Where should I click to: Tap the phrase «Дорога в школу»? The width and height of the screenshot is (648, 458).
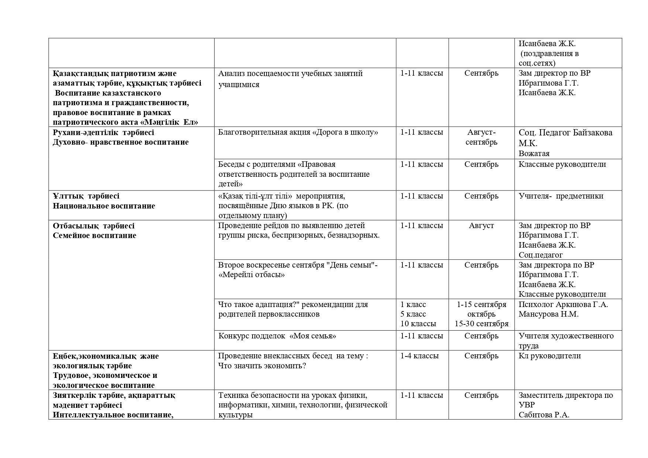coord(345,132)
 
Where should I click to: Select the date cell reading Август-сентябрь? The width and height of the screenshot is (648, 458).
coord(481,137)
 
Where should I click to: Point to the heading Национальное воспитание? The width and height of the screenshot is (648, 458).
coord(104,206)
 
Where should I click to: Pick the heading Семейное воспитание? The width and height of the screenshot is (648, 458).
coord(94,235)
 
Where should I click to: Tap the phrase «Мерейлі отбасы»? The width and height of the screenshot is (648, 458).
coord(251,275)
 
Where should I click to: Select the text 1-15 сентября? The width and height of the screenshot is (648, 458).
coord(481,304)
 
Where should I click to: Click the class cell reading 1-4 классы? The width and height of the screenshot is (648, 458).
coord(419,356)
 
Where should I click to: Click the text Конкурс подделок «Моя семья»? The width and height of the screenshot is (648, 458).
coord(277,336)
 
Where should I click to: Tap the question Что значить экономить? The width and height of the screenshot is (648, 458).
coord(262,366)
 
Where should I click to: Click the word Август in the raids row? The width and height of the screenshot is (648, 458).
coord(481,225)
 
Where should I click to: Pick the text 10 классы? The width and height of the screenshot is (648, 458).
coord(418,324)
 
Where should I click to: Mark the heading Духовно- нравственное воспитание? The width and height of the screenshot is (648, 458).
coord(120,142)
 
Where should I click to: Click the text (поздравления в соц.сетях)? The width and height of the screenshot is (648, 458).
coord(548,58)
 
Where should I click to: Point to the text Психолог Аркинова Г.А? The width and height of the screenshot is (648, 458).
coord(563,304)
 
